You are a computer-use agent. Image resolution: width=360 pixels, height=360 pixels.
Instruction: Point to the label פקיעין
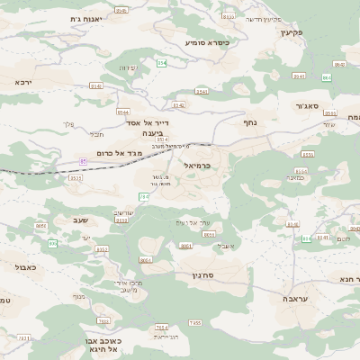click(x=292, y=32)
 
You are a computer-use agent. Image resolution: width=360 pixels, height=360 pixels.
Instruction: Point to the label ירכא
click(x=24, y=82)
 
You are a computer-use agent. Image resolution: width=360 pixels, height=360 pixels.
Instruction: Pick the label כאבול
click(x=26, y=267)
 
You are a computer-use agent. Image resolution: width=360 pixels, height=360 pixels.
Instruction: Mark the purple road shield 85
click(x=84, y=161)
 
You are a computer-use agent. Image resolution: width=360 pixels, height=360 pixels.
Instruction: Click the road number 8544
click(x=122, y=112)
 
